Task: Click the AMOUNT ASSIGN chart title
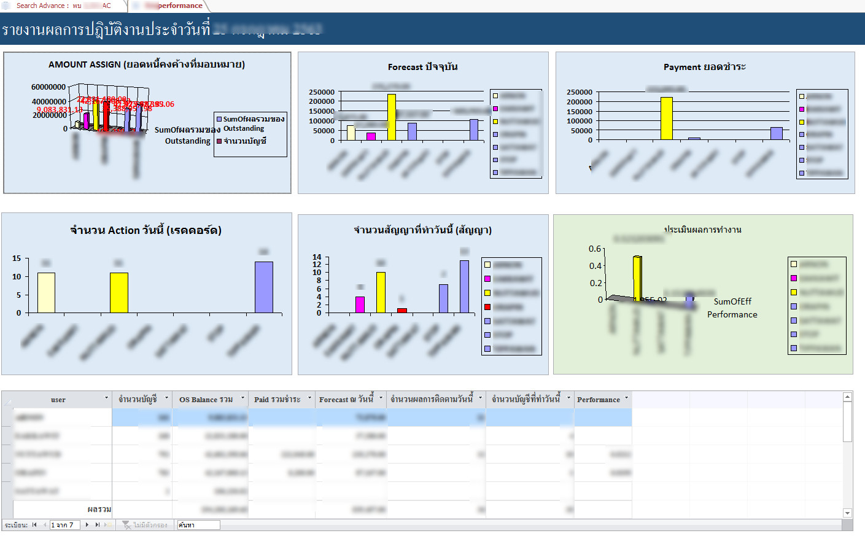point(147,64)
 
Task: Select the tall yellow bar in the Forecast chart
point(391,117)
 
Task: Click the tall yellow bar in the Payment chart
point(666,118)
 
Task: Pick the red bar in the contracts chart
point(402,311)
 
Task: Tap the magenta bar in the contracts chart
point(360,305)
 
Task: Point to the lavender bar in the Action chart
point(264,287)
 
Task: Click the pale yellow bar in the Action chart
point(46,292)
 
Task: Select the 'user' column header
point(58,400)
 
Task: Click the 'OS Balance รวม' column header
point(206,400)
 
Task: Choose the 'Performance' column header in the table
point(598,400)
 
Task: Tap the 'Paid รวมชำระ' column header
point(277,400)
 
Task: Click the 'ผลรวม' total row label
point(99,510)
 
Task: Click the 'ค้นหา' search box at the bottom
point(198,525)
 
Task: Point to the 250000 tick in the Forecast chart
point(322,92)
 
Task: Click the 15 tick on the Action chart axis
point(17,258)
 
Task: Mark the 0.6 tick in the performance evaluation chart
point(595,249)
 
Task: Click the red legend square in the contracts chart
point(487,306)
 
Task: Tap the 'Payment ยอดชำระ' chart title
point(704,67)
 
